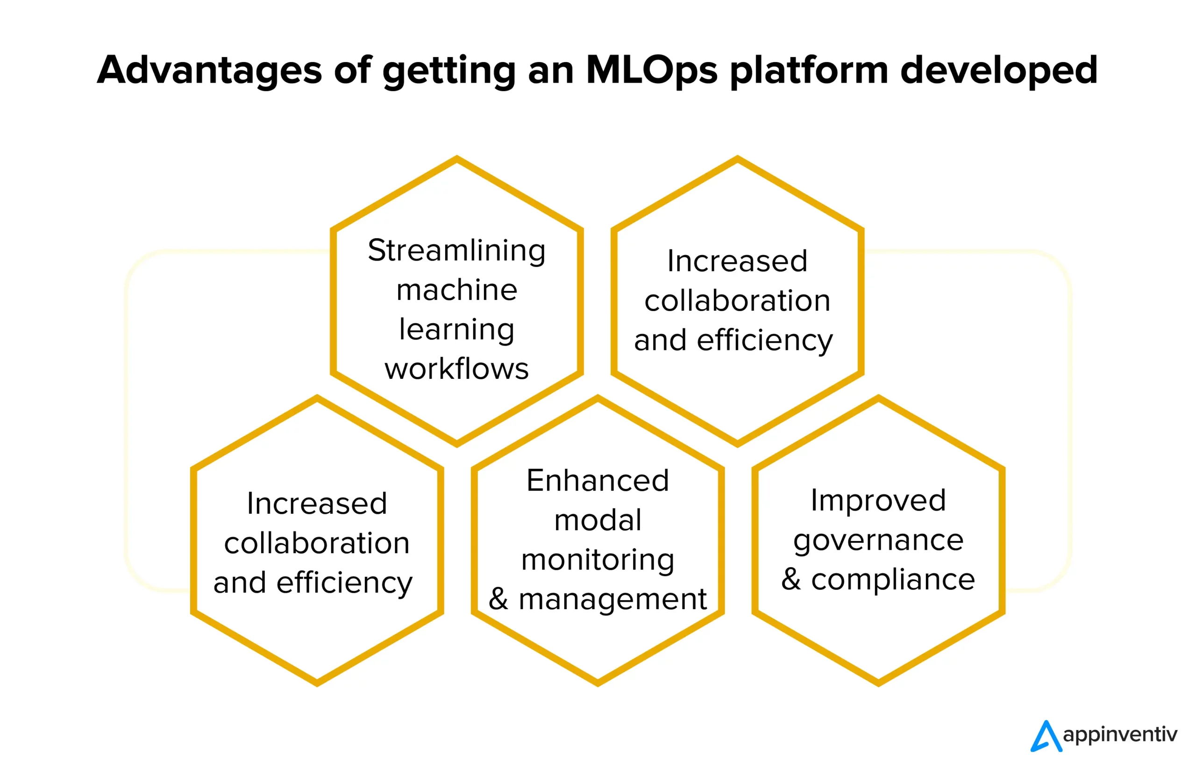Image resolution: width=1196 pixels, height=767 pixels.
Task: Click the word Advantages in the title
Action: [x=209, y=70]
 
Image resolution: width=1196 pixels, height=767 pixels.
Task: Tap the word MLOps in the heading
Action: [x=652, y=70]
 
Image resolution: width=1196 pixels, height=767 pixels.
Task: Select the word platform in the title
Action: [x=809, y=70]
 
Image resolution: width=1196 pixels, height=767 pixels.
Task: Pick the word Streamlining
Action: [x=456, y=250]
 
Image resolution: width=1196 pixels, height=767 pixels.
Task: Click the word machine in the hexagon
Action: [x=456, y=290]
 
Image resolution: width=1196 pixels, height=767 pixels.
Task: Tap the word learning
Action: [x=456, y=330]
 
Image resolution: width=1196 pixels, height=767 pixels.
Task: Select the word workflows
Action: [x=456, y=369]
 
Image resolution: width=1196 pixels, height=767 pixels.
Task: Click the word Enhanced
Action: [x=597, y=481]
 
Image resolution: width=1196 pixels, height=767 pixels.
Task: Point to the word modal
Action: [x=597, y=520]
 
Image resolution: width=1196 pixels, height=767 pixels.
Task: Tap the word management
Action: [x=612, y=600]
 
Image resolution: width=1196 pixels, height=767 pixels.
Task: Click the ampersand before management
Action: [x=498, y=599]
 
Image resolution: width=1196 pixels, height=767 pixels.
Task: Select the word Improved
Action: [x=878, y=501]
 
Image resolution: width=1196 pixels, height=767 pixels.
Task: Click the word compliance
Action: [x=893, y=580]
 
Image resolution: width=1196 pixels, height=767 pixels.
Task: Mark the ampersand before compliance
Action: [x=791, y=579]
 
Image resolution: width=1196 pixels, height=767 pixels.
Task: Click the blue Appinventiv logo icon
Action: [x=1046, y=736]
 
